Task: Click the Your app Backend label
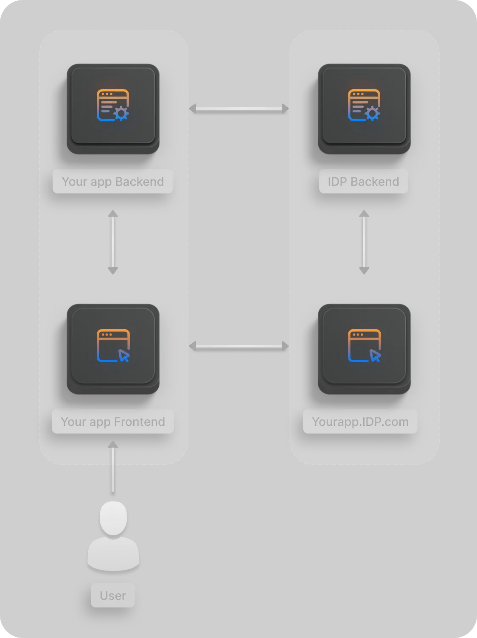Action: click(112, 182)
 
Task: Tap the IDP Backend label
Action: click(363, 182)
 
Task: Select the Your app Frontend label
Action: click(112, 422)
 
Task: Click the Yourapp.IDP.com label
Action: click(360, 422)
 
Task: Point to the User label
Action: click(113, 596)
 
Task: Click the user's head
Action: click(113, 518)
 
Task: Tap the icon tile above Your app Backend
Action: click(113, 106)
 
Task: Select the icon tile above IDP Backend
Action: click(364, 106)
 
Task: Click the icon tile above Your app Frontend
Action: click(113, 346)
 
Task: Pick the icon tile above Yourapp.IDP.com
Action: click(364, 346)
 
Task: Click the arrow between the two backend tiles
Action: click(239, 109)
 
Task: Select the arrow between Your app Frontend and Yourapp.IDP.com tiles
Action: click(239, 347)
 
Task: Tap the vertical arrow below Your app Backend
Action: click(113, 242)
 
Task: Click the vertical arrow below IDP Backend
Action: click(364, 242)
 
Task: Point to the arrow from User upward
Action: click(113, 467)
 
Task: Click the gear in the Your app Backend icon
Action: click(121, 113)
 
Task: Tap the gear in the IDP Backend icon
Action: click(373, 113)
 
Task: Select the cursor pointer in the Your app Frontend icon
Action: click(124, 356)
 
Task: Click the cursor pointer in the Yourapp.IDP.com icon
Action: click(375, 356)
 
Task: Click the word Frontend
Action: click(139, 422)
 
